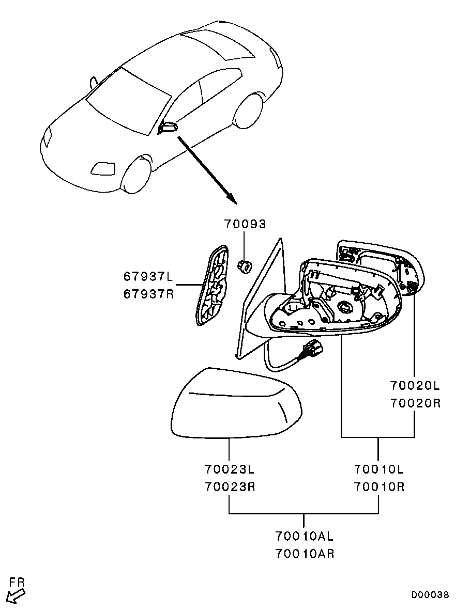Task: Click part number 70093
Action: [245, 224]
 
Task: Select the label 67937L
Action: [148, 277]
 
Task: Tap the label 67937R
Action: [148, 294]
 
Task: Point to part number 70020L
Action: [415, 386]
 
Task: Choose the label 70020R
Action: [415, 403]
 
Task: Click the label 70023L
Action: [230, 469]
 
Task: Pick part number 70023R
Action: [230, 486]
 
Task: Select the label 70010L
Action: [379, 469]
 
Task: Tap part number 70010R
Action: [379, 486]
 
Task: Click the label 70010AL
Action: [304, 536]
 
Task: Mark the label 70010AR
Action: [304, 554]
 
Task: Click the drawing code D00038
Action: [430, 595]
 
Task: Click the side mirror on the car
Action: [167, 128]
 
